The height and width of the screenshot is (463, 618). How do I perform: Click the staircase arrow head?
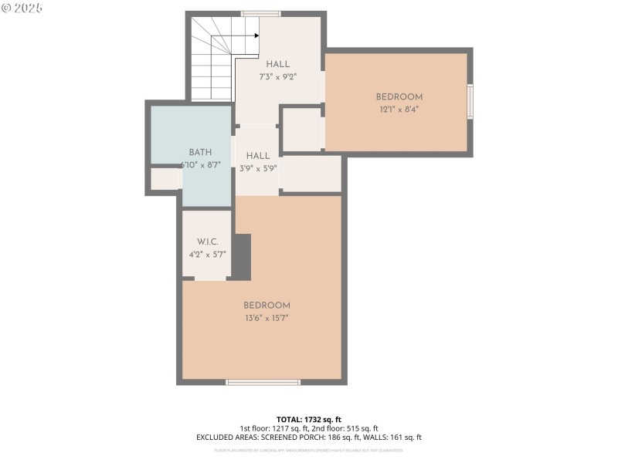point(256,35)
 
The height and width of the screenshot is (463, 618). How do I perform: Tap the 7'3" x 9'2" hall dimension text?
point(278,77)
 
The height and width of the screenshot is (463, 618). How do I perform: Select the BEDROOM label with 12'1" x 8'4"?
point(399,96)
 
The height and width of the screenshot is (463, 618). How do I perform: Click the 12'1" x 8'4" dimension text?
point(399,110)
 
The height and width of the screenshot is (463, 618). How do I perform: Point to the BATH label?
point(200,153)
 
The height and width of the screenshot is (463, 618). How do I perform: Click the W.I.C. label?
point(207,242)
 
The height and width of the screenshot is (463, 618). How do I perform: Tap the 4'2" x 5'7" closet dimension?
point(207,254)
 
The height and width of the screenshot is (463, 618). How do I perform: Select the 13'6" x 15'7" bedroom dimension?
point(267,318)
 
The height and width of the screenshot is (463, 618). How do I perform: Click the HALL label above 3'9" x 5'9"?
point(258,156)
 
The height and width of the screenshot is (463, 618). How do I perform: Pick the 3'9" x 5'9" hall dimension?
point(258,168)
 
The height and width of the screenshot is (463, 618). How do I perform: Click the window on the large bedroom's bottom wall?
point(263,381)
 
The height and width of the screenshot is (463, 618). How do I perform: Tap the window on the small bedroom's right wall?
point(470,102)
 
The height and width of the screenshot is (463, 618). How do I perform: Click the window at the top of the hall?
point(261,13)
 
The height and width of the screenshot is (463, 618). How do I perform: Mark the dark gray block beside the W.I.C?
point(242,257)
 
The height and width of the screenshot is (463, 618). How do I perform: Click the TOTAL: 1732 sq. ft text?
point(308,419)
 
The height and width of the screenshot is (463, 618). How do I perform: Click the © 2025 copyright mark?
point(22,8)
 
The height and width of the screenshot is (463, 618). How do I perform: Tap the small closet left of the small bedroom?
point(301,130)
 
